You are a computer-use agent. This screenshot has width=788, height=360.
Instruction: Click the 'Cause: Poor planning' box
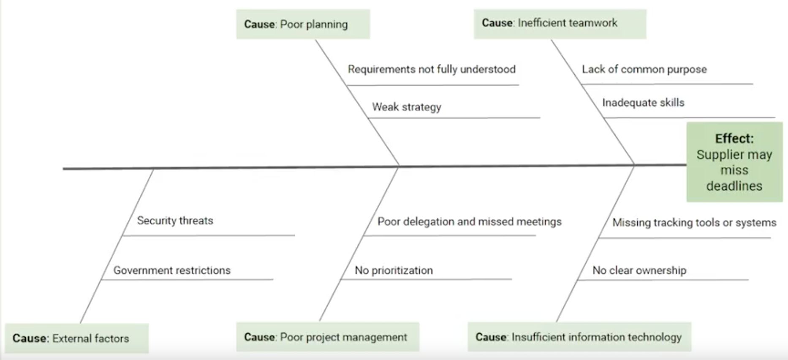click(303, 24)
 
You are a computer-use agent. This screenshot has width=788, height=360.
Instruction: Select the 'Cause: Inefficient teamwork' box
click(560, 24)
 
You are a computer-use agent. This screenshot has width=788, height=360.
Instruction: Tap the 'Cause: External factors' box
click(76, 338)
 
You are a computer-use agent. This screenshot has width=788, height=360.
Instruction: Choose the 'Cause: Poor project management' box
click(327, 337)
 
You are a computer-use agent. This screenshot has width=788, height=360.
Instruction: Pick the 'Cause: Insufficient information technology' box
click(579, 337)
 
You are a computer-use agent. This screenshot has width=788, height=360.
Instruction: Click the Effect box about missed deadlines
click(734, 162)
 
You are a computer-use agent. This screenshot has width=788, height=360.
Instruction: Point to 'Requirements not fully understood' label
click(432, 69)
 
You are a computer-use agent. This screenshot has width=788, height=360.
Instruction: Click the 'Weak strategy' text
click(406, 107)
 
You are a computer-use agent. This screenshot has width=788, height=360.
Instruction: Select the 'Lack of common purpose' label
click(644, 69)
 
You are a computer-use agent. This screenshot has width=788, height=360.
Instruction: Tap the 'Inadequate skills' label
click(643, 103)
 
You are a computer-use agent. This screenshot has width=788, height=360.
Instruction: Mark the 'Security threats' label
click(175, 221)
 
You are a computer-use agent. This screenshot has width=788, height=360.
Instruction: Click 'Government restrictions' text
click(172, 270)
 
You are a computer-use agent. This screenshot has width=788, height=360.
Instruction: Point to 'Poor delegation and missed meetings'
click(469, 222)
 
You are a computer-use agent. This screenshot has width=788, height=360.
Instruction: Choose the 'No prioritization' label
click(394, 270)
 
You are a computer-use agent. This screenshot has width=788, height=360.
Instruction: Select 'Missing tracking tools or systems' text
click(694, 223)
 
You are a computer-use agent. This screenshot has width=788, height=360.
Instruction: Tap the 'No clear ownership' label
click(639, 270)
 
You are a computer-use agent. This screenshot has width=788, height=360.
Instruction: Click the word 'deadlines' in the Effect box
click(734, 186)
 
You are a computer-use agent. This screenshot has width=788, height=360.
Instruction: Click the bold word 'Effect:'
click(734, 139)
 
